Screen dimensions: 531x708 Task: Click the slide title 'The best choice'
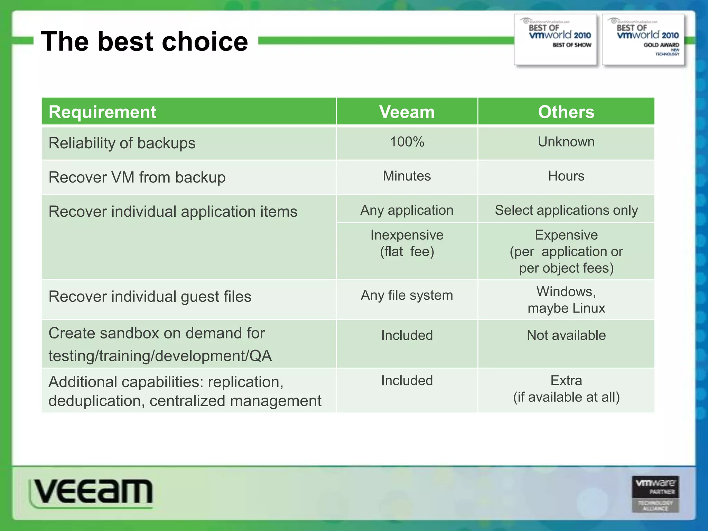coord(145,41)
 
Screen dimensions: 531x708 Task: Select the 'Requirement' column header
coord(102,112)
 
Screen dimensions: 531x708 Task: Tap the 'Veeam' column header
coord(407,112)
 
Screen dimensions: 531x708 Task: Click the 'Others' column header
coord(566,112)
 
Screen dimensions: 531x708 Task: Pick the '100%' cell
coord(407,142)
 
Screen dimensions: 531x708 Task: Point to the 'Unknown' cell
coord(566,142)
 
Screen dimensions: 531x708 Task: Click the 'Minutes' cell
coord(407,176)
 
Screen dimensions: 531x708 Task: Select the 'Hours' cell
coord(566,176)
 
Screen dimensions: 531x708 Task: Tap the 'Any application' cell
coord(407,210)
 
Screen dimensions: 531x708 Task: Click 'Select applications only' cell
coord(566,210)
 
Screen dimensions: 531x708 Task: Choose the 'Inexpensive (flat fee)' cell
coord(407,243)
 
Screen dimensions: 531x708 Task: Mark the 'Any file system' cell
coord(407,296)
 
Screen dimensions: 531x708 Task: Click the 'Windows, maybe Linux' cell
coord(566,300)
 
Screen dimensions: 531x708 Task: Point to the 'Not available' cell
coord(566,335)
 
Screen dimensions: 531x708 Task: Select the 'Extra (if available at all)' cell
coord(566,389)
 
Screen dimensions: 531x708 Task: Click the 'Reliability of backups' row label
coord(122,143)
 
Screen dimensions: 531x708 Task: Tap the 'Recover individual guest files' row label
coord(150,297)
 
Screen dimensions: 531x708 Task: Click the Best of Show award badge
coord(556,39)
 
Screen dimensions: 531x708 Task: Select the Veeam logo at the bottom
coord(92,492)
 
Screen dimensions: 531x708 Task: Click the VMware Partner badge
coord(655,494)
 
